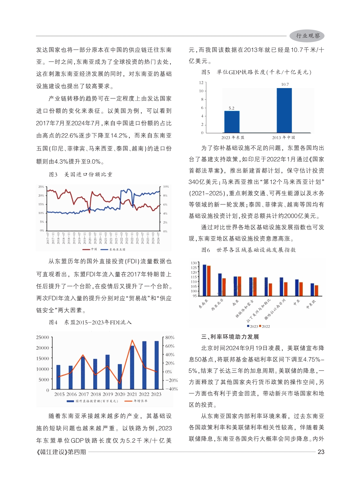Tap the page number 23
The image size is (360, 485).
coord(321,452)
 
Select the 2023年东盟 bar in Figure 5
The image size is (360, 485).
coord(232,122)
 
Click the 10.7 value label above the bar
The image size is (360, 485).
coord(285,84)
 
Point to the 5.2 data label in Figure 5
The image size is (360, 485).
coord(232,108)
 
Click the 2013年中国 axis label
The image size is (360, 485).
coord(283,137)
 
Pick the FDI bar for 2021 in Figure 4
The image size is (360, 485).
coord(132,367)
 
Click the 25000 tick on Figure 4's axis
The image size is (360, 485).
coord(43,337)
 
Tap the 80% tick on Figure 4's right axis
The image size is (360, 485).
coord(170,337)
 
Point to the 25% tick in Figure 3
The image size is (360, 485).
coord(41,187)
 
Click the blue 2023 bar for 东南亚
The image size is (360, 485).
coord(204,280)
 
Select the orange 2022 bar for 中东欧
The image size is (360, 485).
coord(317,290)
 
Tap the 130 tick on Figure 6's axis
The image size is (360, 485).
coord(194,263)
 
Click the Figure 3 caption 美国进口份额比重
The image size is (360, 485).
coord(88,174)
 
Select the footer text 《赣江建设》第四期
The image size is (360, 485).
coord(61,452)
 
